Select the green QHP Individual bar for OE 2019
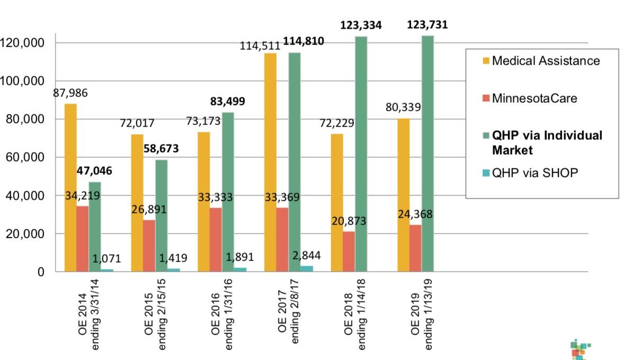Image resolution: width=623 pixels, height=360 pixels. (428, 154)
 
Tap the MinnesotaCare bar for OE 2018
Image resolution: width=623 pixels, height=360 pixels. (349, 251)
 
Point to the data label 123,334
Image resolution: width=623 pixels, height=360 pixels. (361, 25)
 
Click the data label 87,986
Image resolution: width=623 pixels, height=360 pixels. (70, 93)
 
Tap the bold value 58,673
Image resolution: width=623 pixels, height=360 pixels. (161, 148)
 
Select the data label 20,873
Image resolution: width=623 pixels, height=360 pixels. (349, 221)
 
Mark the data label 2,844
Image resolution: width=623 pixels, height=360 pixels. (306, 256)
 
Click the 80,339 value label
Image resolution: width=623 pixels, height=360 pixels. (403, 108)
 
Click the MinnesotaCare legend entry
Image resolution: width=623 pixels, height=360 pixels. (533, 98)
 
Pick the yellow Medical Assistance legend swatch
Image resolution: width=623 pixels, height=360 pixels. (486, 61)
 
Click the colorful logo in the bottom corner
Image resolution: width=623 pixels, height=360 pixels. (581, 350)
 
